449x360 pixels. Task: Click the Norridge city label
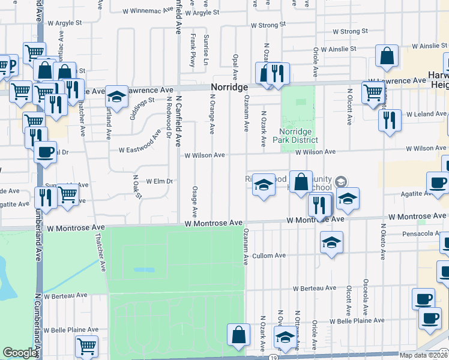click(229, 88)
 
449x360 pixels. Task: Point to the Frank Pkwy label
click(193, 49)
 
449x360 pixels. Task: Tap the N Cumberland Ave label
click(38, 318)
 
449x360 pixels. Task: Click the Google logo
click(20, 353)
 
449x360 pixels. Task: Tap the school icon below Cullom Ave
click(330, 243)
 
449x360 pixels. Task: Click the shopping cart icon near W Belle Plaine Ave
click(86, 346)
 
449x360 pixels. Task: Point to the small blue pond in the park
click(143, 270)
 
